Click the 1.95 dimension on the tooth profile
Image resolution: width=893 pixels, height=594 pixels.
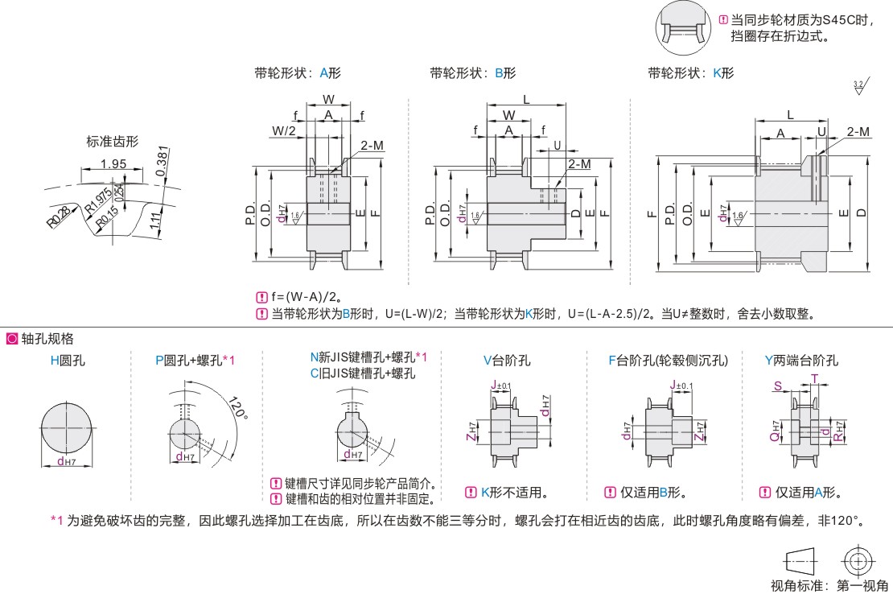click(x=113, y=164)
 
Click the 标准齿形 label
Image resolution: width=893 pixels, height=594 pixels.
click(x=113, y=142)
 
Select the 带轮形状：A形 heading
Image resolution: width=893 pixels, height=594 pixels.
click(x=298, y=73)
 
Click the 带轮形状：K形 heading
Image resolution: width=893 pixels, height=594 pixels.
click(x=691, y=73)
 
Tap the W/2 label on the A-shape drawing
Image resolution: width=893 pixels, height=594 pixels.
click(x=283, y=130)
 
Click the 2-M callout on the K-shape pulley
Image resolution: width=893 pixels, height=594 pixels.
click(x=858, y=131)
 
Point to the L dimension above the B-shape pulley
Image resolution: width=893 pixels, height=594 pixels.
click(x=526, y=98)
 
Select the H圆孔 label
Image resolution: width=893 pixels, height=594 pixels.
click(x=68, y=361)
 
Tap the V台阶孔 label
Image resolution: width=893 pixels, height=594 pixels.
click(x=507, y=361)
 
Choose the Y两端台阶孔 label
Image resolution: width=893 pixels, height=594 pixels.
click(x=801, y=361)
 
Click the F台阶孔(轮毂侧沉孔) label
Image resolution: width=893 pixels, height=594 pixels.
click(x=668, y=361)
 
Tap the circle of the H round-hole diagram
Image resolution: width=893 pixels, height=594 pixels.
click(x=68, y=428)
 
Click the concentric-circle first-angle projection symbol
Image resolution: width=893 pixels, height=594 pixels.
click(x=858, y=560)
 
